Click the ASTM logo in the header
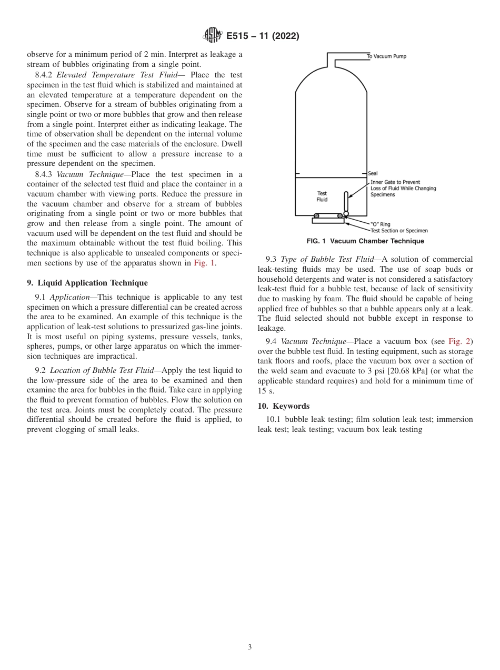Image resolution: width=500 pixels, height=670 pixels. (x=213, y=36)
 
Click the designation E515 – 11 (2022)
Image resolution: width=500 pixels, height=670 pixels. (x=263, y=36)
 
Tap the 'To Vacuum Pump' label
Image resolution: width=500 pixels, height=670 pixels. (x=386, y=56)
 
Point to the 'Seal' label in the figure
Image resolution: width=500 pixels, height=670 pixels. (x=373, y=173)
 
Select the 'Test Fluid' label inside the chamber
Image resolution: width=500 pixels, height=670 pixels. (x=322, y=196)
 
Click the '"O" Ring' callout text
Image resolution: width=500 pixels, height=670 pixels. (x=381, y=224)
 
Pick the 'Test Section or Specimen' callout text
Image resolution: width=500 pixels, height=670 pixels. (x=399, y=231)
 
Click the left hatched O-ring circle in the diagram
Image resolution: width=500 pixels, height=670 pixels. (x=316, y=215)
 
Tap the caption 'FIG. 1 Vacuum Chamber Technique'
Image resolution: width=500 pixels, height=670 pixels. (x=365, y=241)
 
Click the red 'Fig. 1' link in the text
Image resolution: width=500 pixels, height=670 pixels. (x=204, y=263)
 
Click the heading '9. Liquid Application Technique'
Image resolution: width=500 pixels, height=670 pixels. (x=87, y=283)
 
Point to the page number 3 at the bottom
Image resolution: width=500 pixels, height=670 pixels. (x=250, y=647)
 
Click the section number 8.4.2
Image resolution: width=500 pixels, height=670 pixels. (x=44, y=75)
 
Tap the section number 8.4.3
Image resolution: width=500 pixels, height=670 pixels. (x=44, y=174)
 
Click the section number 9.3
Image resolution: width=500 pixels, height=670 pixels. (x=271, y=259)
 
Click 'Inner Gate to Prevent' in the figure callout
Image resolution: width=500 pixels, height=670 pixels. (x=395, y=182)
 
